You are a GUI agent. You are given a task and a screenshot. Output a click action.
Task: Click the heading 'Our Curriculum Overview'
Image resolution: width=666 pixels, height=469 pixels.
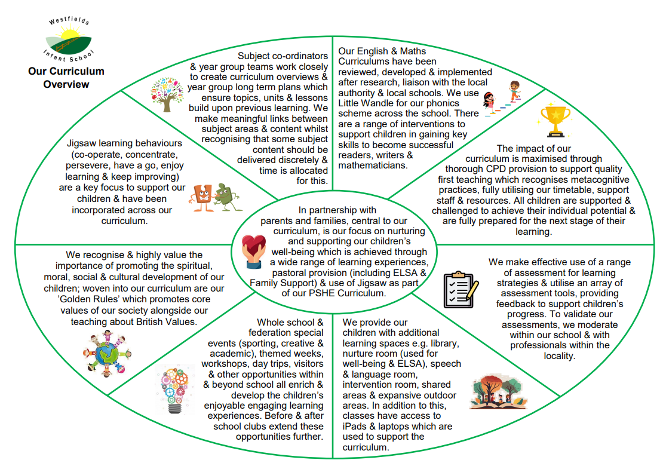pos(66,78)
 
